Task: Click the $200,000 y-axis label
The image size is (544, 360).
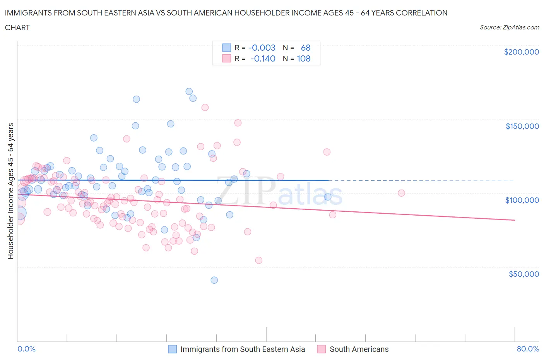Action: coord(521,52)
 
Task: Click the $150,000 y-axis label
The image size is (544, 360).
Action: coord(522,126)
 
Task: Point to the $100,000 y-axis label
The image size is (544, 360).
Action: coord(522,200)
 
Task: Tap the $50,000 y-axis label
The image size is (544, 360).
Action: coord(523,274)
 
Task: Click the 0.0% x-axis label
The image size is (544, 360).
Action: coord(26,349)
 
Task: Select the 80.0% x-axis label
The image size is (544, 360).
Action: coord(528,349)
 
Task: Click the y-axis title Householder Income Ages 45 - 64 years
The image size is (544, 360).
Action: coord(11,191)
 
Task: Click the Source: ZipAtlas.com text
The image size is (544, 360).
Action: coord(509,27)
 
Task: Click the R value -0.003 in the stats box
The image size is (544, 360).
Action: coord(262,48)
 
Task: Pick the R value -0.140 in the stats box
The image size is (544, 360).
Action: coord(262,58)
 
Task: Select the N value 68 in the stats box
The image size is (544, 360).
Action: coord(306,48)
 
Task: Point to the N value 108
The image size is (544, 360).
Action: coord(303,58)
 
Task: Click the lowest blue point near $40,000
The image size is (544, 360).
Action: coord(214,280)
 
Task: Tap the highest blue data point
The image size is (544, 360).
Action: coord(189,91)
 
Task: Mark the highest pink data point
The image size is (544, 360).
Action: coord(205,107)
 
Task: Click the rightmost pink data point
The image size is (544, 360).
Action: coord(401,193)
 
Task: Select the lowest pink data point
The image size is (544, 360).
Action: coord(259,260)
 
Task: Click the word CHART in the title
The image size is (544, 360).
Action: coord(17,27)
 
